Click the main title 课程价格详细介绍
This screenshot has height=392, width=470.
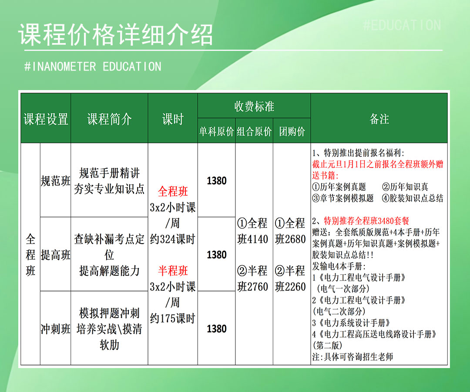(x=116, y=34)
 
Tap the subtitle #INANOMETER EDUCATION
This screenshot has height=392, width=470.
(x=93, y=67)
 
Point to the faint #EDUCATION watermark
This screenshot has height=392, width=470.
(x=402, y=25)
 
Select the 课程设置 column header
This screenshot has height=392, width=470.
(x=46, y=119)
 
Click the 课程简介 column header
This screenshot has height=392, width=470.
(x=109, y=119)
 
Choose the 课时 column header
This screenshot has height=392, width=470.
(x=173, y=119)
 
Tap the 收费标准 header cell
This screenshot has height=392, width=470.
(x=254, y=106)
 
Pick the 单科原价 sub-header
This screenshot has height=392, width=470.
(x=216, y=131)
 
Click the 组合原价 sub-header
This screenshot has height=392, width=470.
(x=254, y=131)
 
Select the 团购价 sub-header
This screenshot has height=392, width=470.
(x=292, y=131)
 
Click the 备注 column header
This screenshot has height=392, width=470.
(x=379, y=119)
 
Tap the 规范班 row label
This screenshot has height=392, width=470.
(x=55, y=181)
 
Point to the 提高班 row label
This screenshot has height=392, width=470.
(x=55, y=255)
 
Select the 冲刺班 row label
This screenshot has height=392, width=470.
(x=55, y=329)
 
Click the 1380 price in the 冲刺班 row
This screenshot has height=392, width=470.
(x=216, y=329)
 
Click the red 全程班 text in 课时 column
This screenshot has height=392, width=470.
(x=173, y=191)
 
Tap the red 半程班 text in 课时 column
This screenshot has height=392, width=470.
(x=173, y=271)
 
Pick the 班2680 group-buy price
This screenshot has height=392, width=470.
(x=290, y=239)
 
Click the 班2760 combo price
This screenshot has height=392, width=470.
(x=252, y=287)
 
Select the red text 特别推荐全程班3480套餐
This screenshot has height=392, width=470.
(x=366, y=221)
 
